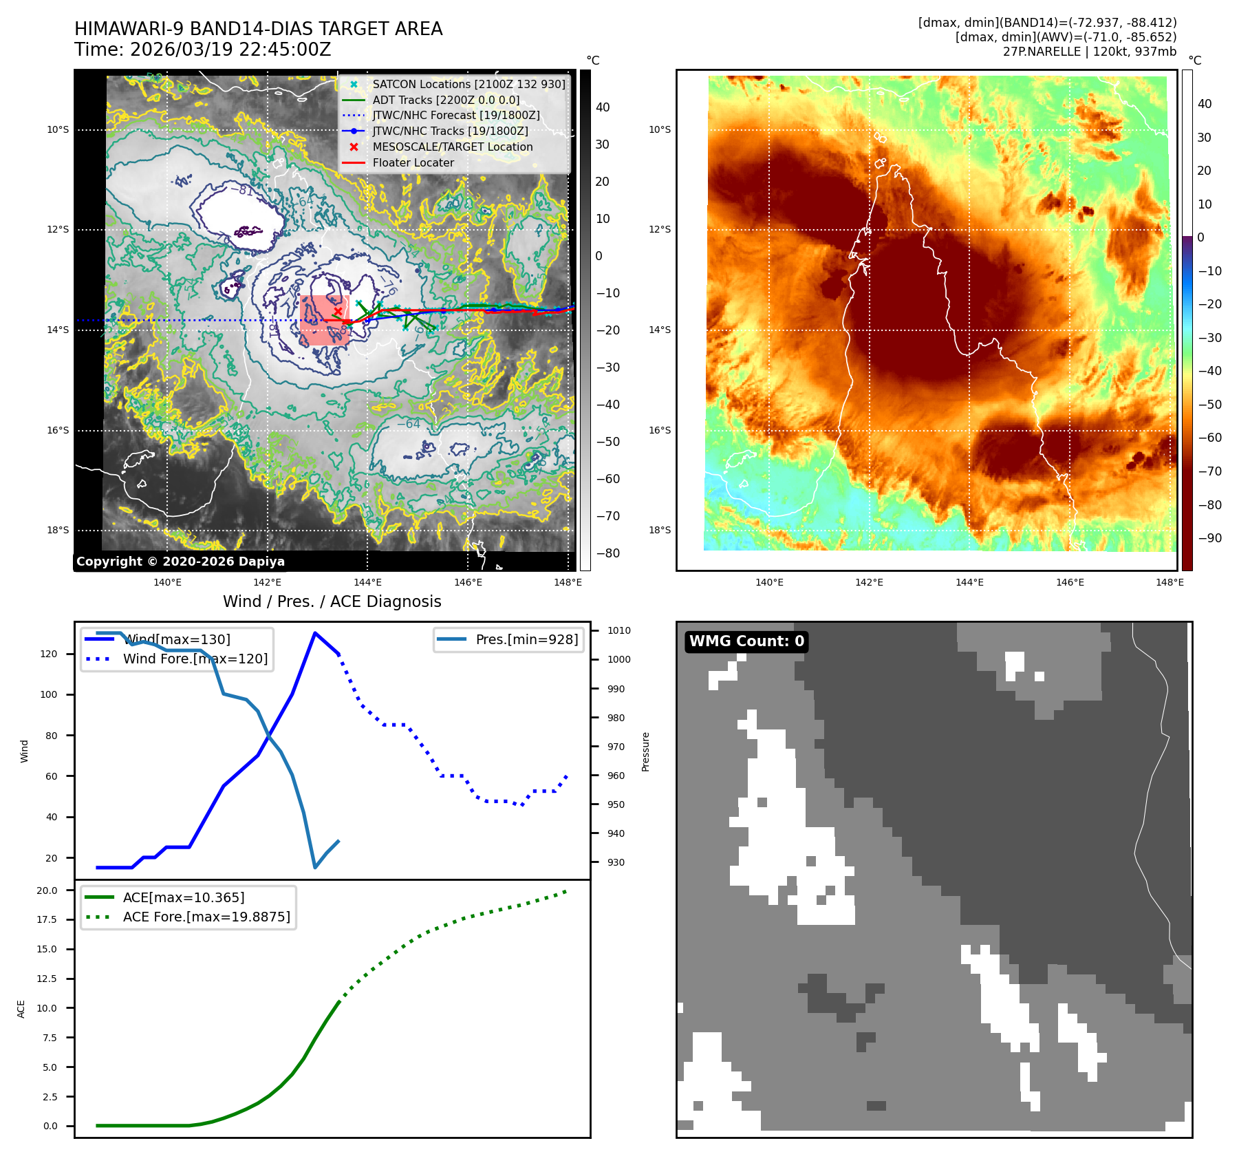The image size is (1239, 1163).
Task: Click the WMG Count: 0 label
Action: pos(746,641)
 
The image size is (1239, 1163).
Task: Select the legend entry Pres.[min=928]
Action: pos(526,639)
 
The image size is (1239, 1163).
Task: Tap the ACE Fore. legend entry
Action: pos(206,917)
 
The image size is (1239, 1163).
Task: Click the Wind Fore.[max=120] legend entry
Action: pos(195,659)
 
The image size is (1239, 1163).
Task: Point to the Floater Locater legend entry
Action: pos(413,163)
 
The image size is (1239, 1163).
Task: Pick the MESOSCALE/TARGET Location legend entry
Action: pos(452,147)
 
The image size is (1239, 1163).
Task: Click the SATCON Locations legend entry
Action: pos(468,84)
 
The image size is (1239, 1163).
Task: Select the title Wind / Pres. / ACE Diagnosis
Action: pos(332,601)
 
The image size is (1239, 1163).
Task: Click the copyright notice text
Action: pos(180,562)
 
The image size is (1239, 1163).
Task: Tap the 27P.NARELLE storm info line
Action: pos(1089,52)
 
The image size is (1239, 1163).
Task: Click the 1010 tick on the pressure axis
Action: pos(618,630)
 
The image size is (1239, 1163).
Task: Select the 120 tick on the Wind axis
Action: pos(49,654)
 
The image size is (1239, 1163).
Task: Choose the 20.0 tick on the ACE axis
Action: pos(47,890)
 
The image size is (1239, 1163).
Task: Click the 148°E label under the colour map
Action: pos(1170,582)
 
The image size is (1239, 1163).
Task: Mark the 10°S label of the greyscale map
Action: pos(58,129)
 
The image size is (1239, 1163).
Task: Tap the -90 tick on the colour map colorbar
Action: pos(1209,538)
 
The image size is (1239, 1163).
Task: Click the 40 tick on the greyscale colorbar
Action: pos(603,107)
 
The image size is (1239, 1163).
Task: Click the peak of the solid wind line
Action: pos(315,633)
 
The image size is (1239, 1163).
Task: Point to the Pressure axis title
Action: pos(645,751)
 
